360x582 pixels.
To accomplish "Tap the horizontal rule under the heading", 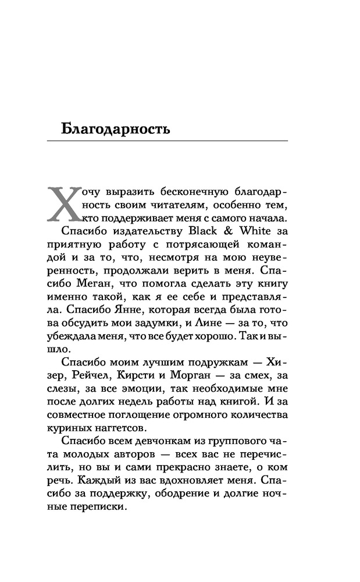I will (174, 141).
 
